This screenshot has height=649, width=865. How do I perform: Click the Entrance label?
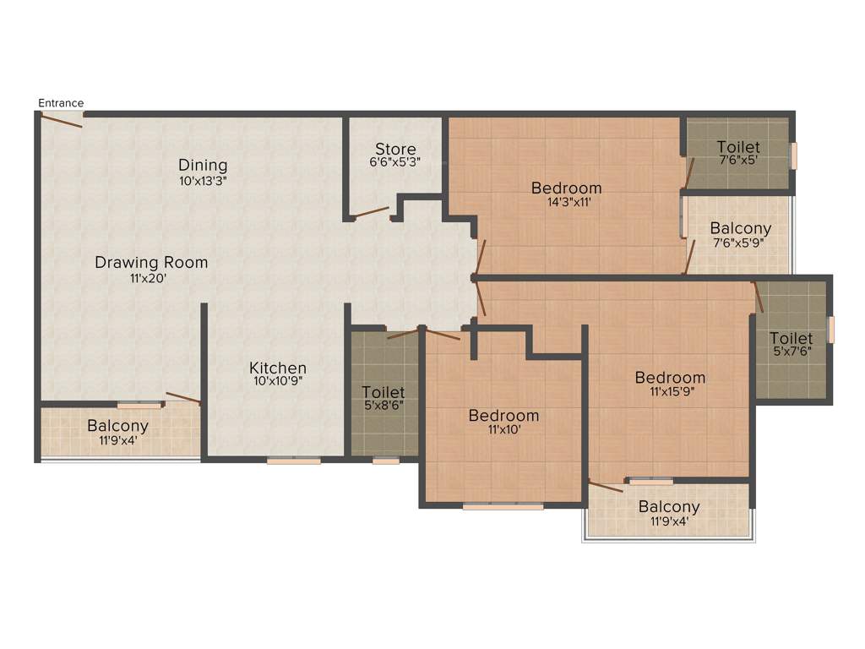(x=61, y=103)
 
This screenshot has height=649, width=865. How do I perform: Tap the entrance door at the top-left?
(x=62, y=120)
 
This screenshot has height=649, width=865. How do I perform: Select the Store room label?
(x=395, y=150)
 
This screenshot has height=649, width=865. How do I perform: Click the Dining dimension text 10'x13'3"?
(x=203, y=180)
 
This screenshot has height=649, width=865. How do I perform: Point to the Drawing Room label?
(x=151, y=262)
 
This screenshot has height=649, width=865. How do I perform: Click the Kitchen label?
(x=277, y=368)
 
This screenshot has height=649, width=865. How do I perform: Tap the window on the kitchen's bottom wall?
(x=294, y=461)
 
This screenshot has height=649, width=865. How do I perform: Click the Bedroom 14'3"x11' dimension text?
(x=566, y=202)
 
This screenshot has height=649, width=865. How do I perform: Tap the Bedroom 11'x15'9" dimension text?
(x=670, y=391)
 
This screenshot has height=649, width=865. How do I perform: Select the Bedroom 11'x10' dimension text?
(x=503, y=429)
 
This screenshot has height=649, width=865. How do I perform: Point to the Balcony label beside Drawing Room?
(x=117, y=426)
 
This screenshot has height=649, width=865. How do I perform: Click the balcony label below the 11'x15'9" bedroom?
(x=669, y=507)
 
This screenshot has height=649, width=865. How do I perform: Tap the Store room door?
(x=370, y=213)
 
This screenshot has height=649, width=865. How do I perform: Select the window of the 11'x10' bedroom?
(x=503, y=506)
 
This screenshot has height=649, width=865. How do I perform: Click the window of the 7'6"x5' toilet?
(x=792, y=155)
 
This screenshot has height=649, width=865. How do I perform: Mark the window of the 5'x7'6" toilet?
(x=831, y=329)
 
